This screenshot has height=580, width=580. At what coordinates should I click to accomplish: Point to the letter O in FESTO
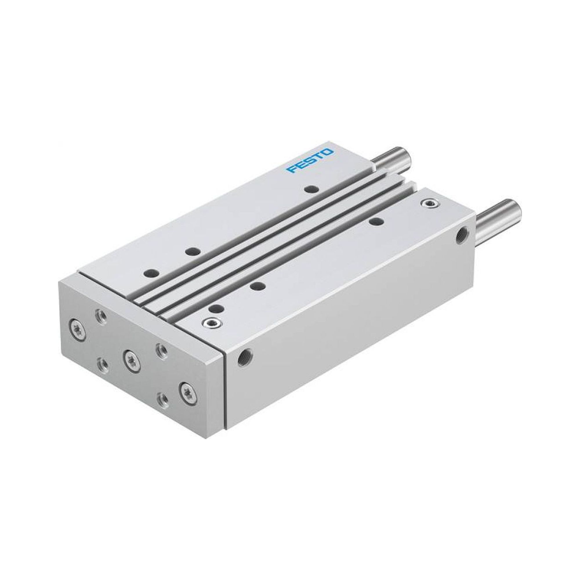tap(328, 152)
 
